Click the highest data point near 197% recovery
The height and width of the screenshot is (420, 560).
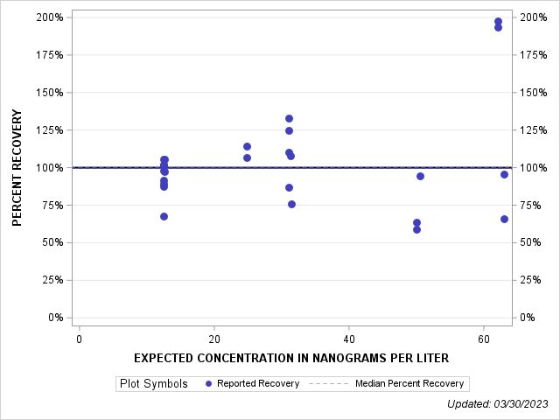click(498, 22)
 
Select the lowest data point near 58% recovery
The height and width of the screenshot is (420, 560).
click(416, 229)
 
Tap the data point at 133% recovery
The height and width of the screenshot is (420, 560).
click(289, 118)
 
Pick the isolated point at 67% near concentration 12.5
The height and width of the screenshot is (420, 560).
click(164, 216)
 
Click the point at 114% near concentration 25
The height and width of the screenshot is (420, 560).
click(247, 146)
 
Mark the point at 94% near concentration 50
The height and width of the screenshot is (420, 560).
click(420, 176)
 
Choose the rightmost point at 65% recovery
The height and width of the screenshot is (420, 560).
click(504, 219)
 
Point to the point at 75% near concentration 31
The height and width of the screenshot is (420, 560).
click(291, 204)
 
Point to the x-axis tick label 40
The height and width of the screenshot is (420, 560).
click(349, 339)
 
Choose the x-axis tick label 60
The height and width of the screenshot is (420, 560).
click(484, 339)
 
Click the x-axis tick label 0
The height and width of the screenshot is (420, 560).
click(80, 339)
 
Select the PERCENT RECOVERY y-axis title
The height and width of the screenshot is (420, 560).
click(17, 168)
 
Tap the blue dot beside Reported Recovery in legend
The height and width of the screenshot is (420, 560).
click(208, 383)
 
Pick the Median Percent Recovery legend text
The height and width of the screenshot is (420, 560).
click(409, 383)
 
